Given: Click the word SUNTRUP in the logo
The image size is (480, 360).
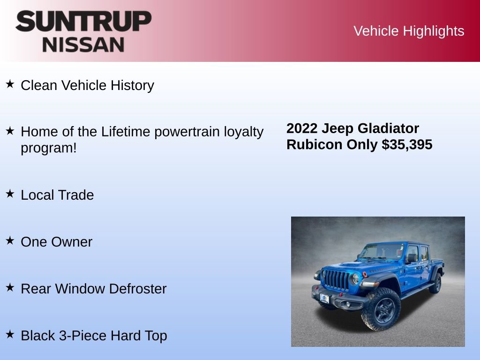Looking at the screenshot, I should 83,22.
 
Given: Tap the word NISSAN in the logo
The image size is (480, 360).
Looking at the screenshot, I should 83,44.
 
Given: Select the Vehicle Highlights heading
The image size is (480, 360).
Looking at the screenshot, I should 409,31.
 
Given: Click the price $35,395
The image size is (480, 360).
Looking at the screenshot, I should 407,144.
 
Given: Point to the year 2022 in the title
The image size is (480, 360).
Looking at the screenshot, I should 302,128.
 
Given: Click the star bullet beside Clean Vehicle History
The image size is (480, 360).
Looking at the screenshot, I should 10,84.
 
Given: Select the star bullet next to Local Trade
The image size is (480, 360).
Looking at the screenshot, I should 10,194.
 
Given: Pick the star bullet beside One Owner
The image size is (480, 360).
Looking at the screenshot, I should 10,240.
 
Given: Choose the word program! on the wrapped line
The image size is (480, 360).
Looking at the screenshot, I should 49,148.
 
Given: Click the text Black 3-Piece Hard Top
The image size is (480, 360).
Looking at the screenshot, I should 94,336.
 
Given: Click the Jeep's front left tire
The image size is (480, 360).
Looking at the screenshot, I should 380,309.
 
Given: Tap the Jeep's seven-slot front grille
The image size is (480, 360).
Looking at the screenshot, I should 337,280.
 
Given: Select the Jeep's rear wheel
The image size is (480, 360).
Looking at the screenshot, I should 435,283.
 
